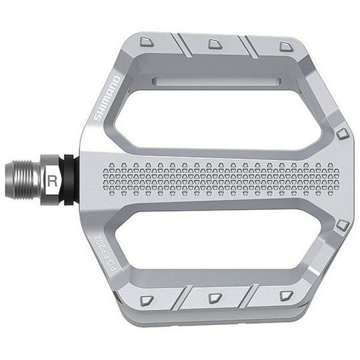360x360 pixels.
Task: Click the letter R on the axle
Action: (53, 181)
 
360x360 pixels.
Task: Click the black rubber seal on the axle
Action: (69, 180)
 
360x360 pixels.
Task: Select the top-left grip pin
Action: (147, 41)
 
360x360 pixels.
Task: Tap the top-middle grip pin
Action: (215, 44)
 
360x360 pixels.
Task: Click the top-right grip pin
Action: (287, 47)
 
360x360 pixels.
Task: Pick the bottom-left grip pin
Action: (147, 300)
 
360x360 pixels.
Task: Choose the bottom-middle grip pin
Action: (215, 298)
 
